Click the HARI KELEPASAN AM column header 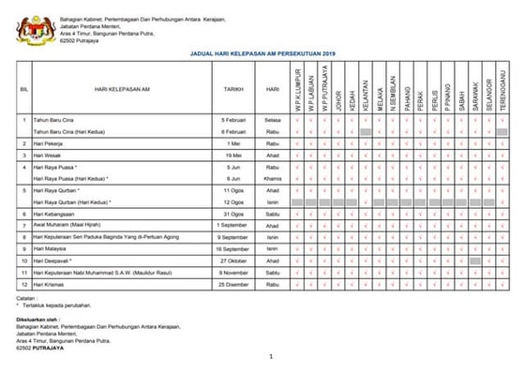(118, 89)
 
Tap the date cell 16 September (233, 249)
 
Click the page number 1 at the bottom (270, 356)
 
